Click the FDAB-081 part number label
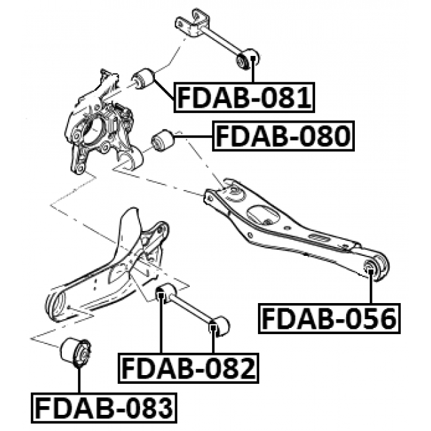[x=244, y=98]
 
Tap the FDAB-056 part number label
[x=328, y=319]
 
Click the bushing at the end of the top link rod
[x=248, y=59]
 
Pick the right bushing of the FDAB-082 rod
[x=218, y=327]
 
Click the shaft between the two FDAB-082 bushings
[x=192, y=310]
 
